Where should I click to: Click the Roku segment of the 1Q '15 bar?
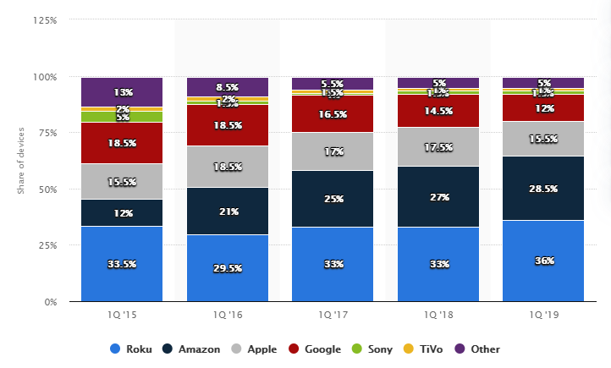point(122,263)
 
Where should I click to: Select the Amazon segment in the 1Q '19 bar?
point(543,188)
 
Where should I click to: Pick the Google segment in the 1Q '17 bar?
point(333,113)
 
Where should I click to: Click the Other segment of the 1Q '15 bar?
point(122,91)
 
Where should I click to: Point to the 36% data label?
point(543,261)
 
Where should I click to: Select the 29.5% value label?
point(227,268)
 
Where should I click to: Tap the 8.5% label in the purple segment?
point(227,86)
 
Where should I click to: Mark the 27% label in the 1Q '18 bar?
point(438,196)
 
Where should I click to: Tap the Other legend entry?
point(478,349)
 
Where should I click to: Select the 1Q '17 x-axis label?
point(333,315)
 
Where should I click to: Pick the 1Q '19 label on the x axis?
point(543,315)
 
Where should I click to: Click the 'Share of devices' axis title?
point(20,161)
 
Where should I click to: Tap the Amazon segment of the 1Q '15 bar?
point(122,213)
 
